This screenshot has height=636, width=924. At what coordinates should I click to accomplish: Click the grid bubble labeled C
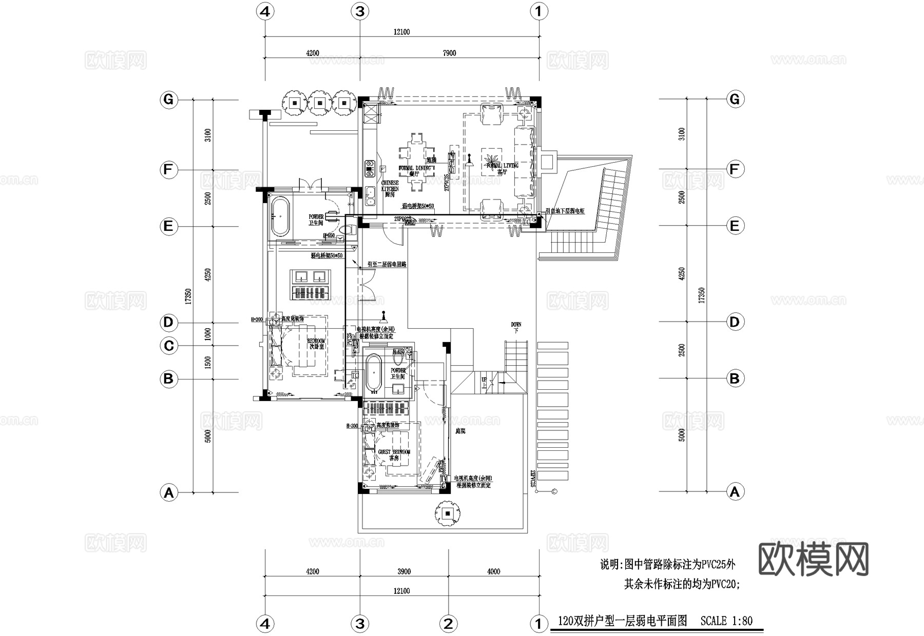(x=168, y=346)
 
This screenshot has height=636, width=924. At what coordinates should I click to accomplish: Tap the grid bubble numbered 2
(x=448, y=624)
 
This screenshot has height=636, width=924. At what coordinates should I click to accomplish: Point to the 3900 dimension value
(x=404, y=571)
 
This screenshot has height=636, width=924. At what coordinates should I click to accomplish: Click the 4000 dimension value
(x=493, y=571)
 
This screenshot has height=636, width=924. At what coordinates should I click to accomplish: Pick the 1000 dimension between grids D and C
(x=208, y=334)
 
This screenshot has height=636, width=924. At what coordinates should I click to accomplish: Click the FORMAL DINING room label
(x=415, y=168)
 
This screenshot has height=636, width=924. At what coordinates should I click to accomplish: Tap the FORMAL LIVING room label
(x=503, y=166)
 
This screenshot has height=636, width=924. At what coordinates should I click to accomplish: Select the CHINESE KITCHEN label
(x=390, y=186)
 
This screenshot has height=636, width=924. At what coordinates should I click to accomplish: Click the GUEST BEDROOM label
(x=394, y=452)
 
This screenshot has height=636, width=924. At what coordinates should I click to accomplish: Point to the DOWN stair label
(x=516, y=325)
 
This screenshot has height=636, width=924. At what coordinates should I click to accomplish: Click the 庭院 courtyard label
(x=460, y=431)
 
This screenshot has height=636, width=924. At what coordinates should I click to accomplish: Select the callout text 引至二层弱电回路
(x=387, y=265)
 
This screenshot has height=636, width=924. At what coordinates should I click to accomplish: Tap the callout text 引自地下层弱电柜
(x=565, y=211)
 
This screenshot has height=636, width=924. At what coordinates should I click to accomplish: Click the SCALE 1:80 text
(x=726, y=621)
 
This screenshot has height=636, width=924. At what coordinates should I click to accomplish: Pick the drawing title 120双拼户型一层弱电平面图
(x=622, y=621)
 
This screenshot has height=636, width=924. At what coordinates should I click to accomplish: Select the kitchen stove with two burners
(x=369, y=168)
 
